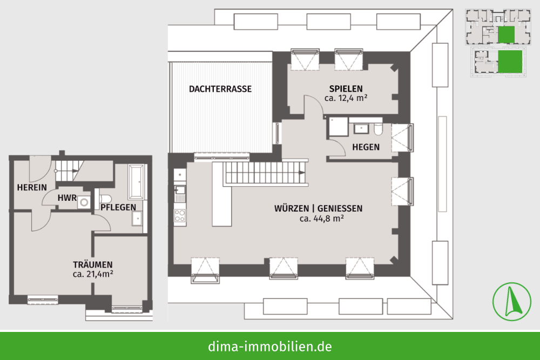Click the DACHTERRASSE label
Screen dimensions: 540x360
click(x=220, y=89)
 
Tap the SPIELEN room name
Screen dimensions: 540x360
click(x=346, y=89)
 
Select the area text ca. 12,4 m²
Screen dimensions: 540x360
click(x=346, y=98)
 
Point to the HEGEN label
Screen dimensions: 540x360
click(x=366, y=147)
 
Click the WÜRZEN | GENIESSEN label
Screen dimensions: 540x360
click(x=318, y=208)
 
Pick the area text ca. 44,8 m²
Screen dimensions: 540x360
click(x=322, y=219)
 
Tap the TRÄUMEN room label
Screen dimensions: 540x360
click(x=93, y=264)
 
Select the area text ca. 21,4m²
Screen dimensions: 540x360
click(x=93, y=274)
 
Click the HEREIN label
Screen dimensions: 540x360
click(x=32, y=188)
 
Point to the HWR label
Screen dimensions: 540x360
click(x=67, y=198)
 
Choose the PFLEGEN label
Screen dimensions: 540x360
click(x=118, y=208)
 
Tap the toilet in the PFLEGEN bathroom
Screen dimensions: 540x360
click(x=105, y=199)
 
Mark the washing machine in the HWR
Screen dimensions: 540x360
click(x=83, y=202)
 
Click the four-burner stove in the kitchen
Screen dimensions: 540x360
click(x=180, y=215)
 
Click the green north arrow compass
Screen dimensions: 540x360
click(x=512, y=302)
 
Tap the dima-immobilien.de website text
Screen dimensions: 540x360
click(x=270, y=346)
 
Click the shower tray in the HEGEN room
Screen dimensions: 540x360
click(x=339, y=127)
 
